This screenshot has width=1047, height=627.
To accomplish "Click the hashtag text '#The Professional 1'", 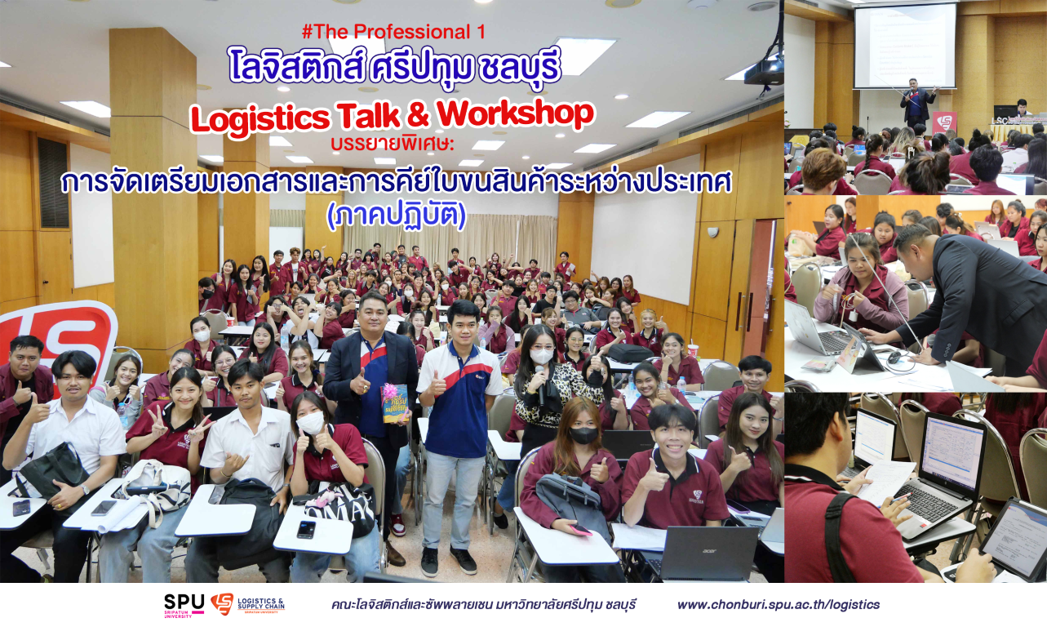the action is [393, 32].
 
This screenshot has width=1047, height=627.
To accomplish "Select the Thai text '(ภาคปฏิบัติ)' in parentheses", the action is [397, 216].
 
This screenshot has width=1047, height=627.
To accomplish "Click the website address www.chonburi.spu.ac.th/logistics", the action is [779, 605].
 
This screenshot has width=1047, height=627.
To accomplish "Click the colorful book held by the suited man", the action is [394, 403].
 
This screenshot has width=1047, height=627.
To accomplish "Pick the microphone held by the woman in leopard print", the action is [540, 385].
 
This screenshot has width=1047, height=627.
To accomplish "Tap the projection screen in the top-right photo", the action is [905, 46].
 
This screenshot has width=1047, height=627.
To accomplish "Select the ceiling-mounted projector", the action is [764, 73].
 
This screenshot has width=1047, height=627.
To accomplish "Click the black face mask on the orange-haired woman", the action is [583, 435].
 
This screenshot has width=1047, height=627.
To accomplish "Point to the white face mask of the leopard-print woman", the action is [542, 356].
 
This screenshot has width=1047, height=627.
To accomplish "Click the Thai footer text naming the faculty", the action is [483, 605].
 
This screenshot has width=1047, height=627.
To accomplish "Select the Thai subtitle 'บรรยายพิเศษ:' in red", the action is [393, 144].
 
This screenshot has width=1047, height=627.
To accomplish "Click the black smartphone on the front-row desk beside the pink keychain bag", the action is [306, 529].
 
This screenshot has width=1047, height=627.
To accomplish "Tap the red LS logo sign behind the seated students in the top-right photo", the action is [944, 124].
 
